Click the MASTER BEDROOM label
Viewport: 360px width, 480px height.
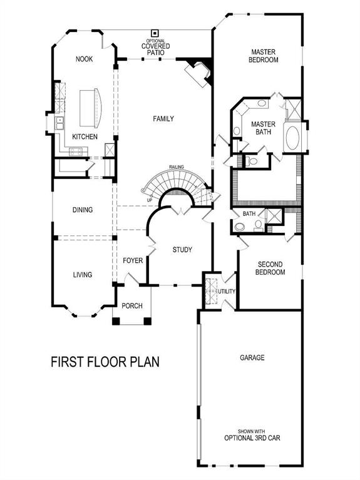coord(264,56)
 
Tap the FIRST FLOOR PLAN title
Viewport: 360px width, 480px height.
coord(105,362)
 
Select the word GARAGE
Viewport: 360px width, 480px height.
coord(252,358)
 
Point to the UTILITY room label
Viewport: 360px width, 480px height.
coord(226,292)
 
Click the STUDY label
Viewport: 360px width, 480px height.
coord(182,250)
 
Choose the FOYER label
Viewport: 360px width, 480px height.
coord(133,260)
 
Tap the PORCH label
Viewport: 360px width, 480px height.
coord(132,305)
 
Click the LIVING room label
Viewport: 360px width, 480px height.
coord(82,275)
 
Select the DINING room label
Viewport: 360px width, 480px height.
coord(82,210)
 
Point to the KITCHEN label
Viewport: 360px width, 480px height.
coord(85,136)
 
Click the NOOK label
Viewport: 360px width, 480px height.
coord(85,59)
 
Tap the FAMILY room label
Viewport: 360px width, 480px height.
coord(163,118)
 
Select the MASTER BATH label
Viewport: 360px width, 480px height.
coord(264,128)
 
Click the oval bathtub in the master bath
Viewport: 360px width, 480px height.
coord(292,138)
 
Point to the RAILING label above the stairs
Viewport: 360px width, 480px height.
coord(176,168)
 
